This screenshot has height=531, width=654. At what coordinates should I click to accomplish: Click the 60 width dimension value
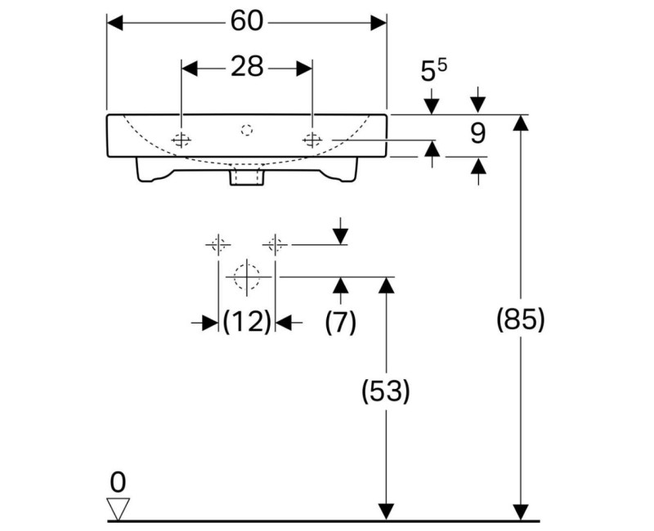pos(246,22)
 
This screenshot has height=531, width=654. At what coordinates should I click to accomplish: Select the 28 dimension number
pos(246,67)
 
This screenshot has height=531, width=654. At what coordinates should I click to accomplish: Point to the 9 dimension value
pos(478,132)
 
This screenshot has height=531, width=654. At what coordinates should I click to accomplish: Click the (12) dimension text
pos(247,323)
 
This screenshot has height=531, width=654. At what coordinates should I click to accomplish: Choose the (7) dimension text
pos(340,323)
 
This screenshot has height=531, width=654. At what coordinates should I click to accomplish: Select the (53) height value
pos(385,392)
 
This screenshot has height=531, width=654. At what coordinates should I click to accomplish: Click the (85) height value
pos(520,319)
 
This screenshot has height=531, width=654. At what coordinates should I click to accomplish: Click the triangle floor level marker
pos(119,509)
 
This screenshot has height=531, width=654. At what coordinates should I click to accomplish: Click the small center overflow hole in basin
pos(247,128)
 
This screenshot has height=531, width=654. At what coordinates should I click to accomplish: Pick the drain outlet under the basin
pos(247,176)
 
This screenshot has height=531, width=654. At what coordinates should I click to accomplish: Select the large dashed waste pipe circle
pos(247,277)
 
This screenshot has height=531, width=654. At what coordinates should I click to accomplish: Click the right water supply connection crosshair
pos(275,243)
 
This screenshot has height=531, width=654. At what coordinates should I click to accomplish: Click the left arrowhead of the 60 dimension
pos(115,23)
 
